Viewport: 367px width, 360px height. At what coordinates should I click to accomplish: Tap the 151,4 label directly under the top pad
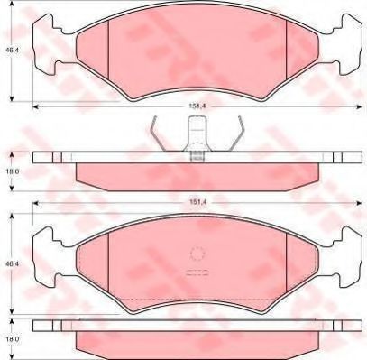(x=195, y=106)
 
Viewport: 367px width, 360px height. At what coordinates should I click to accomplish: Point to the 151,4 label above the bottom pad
(x=195, y=204)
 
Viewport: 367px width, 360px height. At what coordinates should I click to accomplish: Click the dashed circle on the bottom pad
(x=196, y=255)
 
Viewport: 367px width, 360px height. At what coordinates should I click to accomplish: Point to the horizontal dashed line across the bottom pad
(x=196, y=299)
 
